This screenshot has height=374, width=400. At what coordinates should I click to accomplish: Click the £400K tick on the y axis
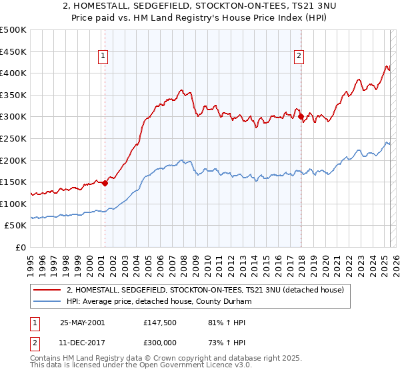click(14, 73)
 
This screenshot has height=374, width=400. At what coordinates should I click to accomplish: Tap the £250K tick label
click(14, 138)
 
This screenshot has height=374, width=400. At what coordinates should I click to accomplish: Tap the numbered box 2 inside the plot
click(299, 57)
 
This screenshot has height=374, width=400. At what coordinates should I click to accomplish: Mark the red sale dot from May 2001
click(105, 183)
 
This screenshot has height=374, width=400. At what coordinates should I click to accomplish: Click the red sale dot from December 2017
click(301, 117)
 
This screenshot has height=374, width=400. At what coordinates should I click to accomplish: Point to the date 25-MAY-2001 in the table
click(83, 323)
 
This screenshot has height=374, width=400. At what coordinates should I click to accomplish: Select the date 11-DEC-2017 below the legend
click(83, 344)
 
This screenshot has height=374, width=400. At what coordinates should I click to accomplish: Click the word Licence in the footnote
click(207, 367)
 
